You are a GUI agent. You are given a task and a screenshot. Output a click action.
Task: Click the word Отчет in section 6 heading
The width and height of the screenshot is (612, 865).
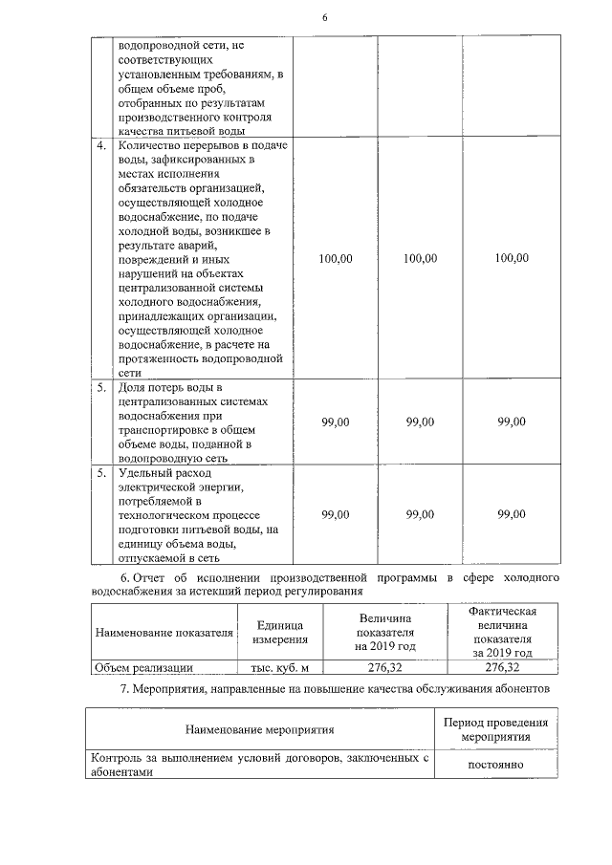point(150,578)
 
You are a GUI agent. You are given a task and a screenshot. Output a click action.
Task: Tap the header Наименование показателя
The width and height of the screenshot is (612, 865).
point(164,632)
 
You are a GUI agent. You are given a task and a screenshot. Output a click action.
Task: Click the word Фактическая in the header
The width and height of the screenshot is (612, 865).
point(502,612)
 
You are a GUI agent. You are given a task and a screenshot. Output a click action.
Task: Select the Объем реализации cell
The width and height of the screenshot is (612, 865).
point(142,667)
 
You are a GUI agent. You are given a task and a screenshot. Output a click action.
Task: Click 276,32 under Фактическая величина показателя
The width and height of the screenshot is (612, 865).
point(502,667)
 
